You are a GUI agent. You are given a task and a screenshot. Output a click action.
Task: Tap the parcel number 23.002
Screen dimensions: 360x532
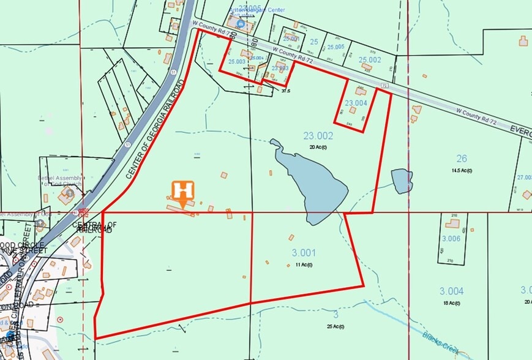(318, 136)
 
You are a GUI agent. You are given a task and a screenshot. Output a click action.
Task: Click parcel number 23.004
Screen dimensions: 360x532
(356, 103)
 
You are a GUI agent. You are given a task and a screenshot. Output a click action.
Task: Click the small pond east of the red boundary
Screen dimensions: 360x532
(402, 181)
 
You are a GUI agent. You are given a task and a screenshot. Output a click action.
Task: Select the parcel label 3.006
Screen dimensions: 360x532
(451, 238)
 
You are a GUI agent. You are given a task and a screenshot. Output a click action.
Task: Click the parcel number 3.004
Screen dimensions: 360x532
(451, 291)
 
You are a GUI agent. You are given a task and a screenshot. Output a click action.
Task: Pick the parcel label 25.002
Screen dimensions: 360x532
(370, 59)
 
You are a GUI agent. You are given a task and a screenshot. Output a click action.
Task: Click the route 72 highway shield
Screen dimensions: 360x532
(384, 86)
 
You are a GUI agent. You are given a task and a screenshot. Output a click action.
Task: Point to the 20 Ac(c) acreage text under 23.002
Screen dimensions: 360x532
(318, 148)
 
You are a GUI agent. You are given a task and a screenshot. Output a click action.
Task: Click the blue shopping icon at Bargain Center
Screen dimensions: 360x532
(241, 23)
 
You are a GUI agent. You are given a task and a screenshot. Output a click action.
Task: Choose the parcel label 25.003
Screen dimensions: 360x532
(236, 61)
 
